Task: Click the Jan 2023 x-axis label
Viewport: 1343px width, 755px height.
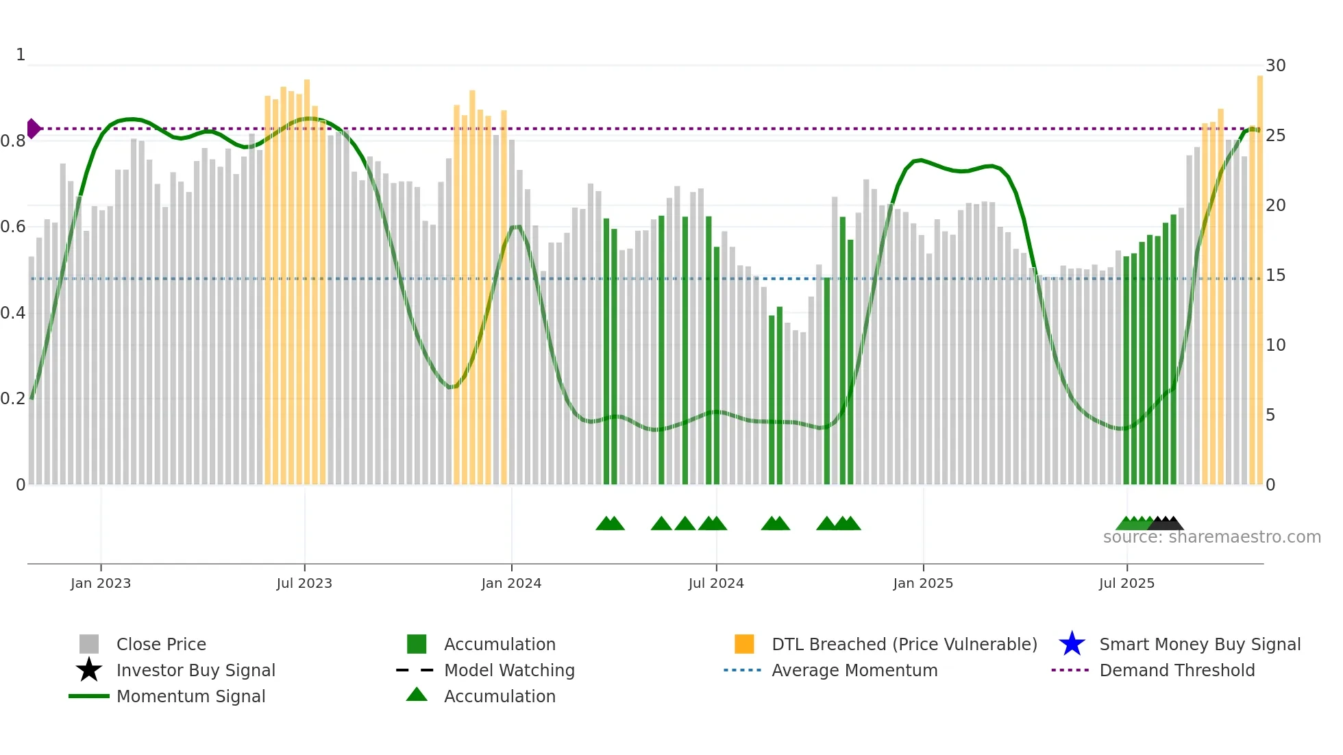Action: click(x=101, y=583)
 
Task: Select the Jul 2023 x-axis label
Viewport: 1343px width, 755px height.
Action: click(x=304, y=583)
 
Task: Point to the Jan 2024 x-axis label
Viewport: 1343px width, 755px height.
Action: click(x=511, y=583)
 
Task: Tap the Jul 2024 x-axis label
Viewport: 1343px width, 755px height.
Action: click(x=716, y=583)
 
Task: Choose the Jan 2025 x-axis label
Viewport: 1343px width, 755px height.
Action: click(x=923, y=583)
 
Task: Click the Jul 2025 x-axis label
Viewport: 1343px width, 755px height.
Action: click(x=1126, y=583)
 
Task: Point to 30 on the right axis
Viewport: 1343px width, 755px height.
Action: click(x=1275, y=66)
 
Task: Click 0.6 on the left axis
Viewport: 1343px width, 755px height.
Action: click(x=13, y=227)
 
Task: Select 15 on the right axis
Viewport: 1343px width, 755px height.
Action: click(x=1275, y=275)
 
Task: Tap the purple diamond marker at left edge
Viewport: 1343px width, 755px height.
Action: click(x=33, y=128)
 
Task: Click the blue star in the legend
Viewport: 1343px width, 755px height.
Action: click(x=1072, y=644)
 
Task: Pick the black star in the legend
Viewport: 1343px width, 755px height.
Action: click(x=89, y=670)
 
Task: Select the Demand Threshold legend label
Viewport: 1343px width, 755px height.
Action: click(x=1176, y=670)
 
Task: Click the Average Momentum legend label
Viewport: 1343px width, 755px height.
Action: click(x=854, y=670)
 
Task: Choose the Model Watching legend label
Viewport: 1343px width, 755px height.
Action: click(x=509, y=670)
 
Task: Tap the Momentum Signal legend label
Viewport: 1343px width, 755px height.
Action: click(x=190, y=696)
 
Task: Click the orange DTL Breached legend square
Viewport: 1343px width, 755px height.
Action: click(x=744, y=644)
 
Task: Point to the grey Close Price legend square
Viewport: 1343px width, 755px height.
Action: click(x=89, y=644)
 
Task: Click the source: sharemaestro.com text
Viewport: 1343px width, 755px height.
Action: click(x=1211, y=537)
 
